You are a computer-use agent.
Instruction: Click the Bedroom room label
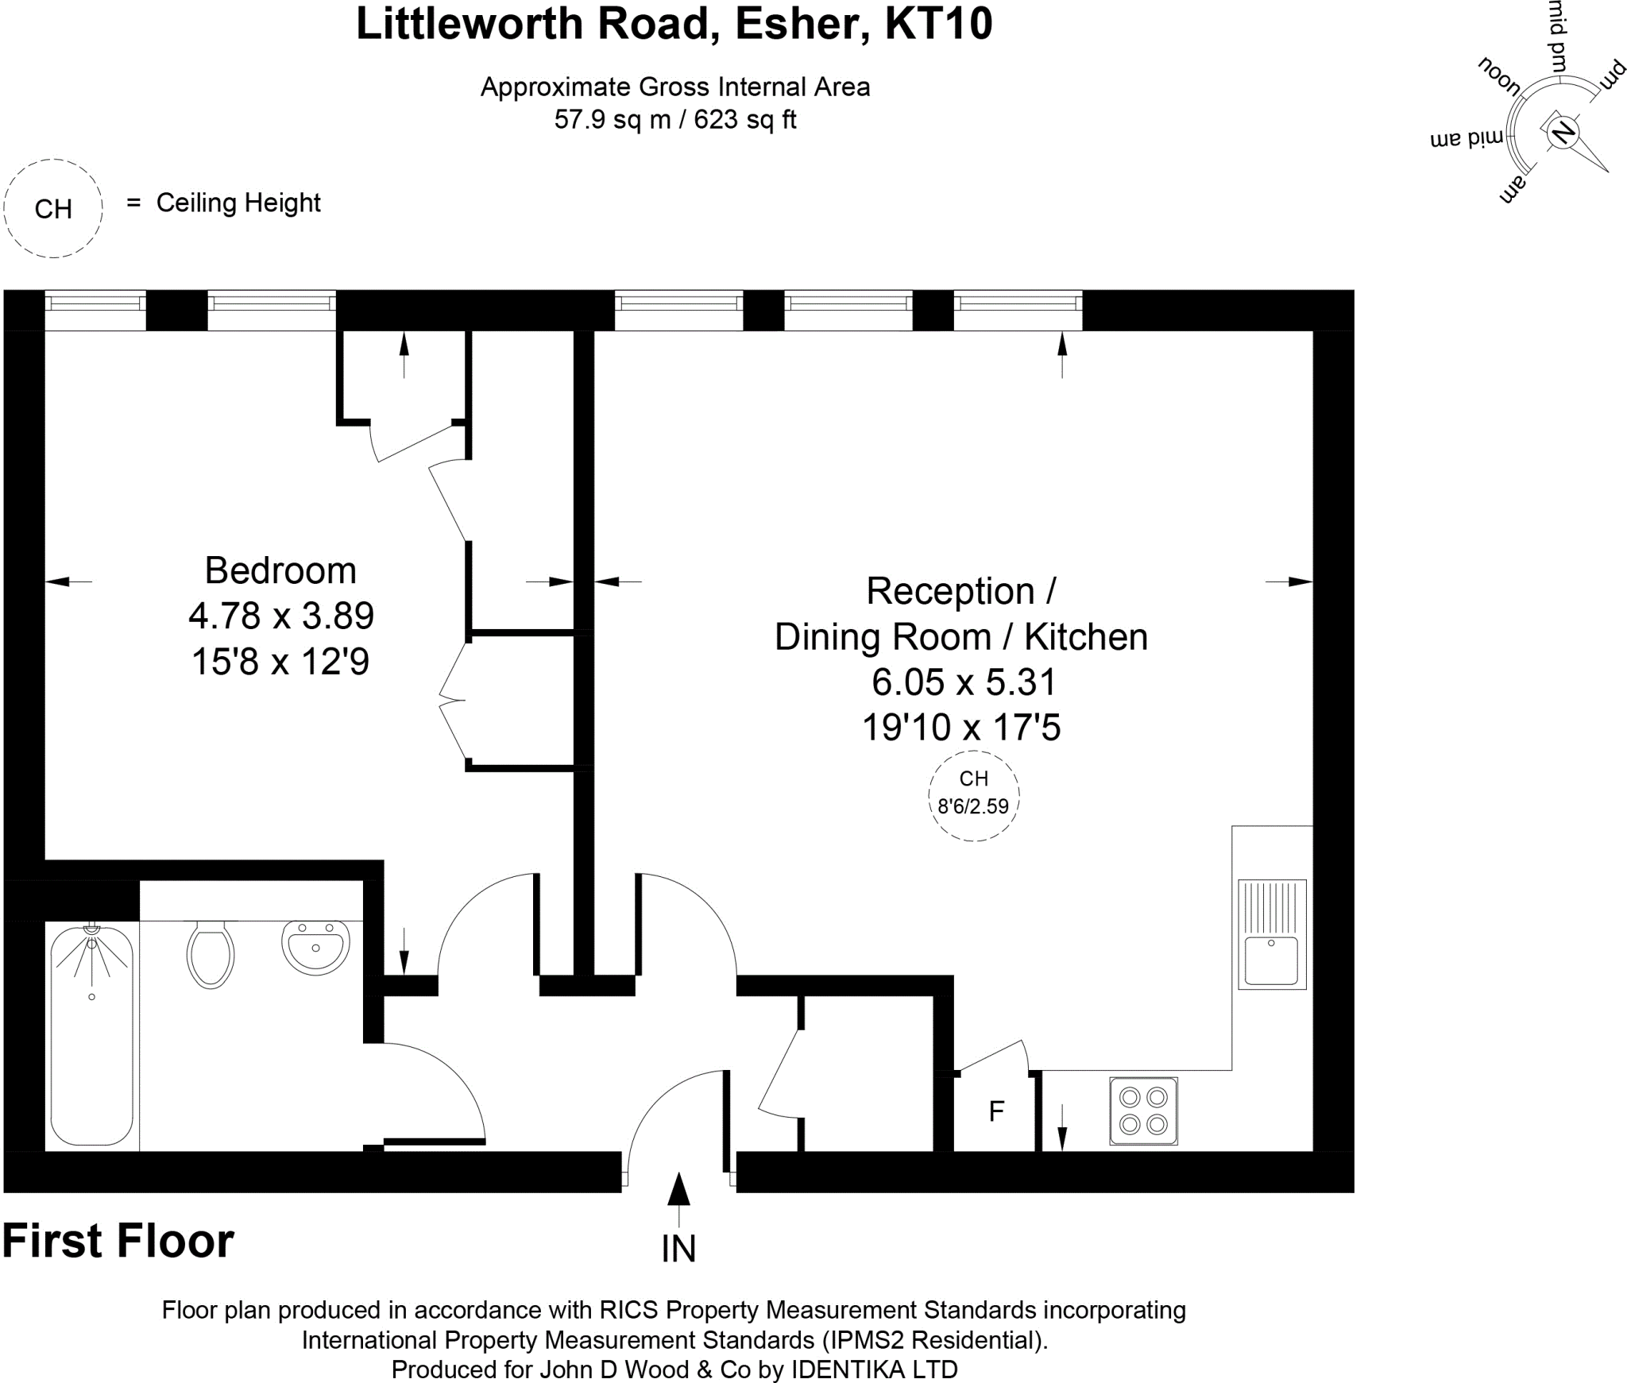tap(280, 570)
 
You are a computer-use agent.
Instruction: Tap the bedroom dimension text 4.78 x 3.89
tap(280, 616)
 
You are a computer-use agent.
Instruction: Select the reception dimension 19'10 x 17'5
tap(961, 727)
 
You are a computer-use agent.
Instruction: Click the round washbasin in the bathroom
tap(315, 947)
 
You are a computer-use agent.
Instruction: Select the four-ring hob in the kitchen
tap(1143, 1111)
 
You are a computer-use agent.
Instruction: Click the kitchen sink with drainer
tap(1271, 934)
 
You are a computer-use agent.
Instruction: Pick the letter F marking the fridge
tap(996, 1111)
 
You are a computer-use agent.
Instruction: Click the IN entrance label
tap(678, 1250)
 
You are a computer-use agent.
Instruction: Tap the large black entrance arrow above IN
tap(678, 1192)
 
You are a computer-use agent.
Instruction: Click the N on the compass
tap(1563, 132)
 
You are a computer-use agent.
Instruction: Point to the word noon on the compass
tap(1499, 77)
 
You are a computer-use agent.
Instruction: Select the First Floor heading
tap(118, 1241)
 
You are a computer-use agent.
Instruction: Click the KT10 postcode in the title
tap(938, 24)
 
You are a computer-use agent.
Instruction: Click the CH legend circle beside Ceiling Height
tap(53, 209)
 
